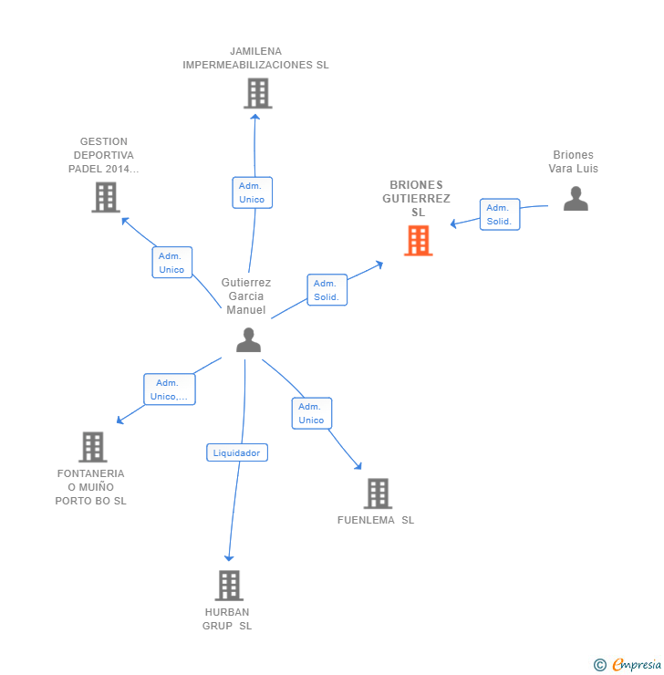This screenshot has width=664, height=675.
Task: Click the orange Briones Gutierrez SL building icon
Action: [x=419, y=240]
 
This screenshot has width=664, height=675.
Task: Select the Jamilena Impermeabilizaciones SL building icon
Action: [x=258, y=93]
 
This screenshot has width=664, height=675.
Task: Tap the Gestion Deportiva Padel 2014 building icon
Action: [x=106, y=197]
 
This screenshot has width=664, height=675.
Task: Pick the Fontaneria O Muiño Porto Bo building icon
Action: [x=92, y=447]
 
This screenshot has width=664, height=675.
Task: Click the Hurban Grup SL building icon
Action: [x=228, y=585]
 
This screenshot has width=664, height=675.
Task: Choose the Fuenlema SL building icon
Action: [x=377, y=493]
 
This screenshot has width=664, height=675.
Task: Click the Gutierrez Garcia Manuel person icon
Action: [x=248, y=340]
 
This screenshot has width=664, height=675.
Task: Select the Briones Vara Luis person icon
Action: [x=576, y=198]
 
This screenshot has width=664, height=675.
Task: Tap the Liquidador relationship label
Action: [x=237, y=452]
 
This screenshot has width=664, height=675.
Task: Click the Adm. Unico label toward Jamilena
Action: [x=252, y=192]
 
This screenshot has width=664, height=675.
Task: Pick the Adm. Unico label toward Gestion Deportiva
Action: [x=171, y=262]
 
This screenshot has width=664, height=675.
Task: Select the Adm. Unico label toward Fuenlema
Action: [x=311, y=413]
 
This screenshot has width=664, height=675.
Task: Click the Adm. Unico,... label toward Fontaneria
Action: [x=170, y=389]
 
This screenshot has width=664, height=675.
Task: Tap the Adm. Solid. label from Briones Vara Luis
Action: [x=499, y=214]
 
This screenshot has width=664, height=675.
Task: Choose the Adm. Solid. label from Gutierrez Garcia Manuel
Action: [x=327, y=290]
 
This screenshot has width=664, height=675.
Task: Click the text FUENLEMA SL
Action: [x=376, y=520]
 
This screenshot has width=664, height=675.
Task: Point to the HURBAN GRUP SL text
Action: [x=227, y=618]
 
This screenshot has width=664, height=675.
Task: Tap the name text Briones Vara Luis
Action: [x=573, y=161]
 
